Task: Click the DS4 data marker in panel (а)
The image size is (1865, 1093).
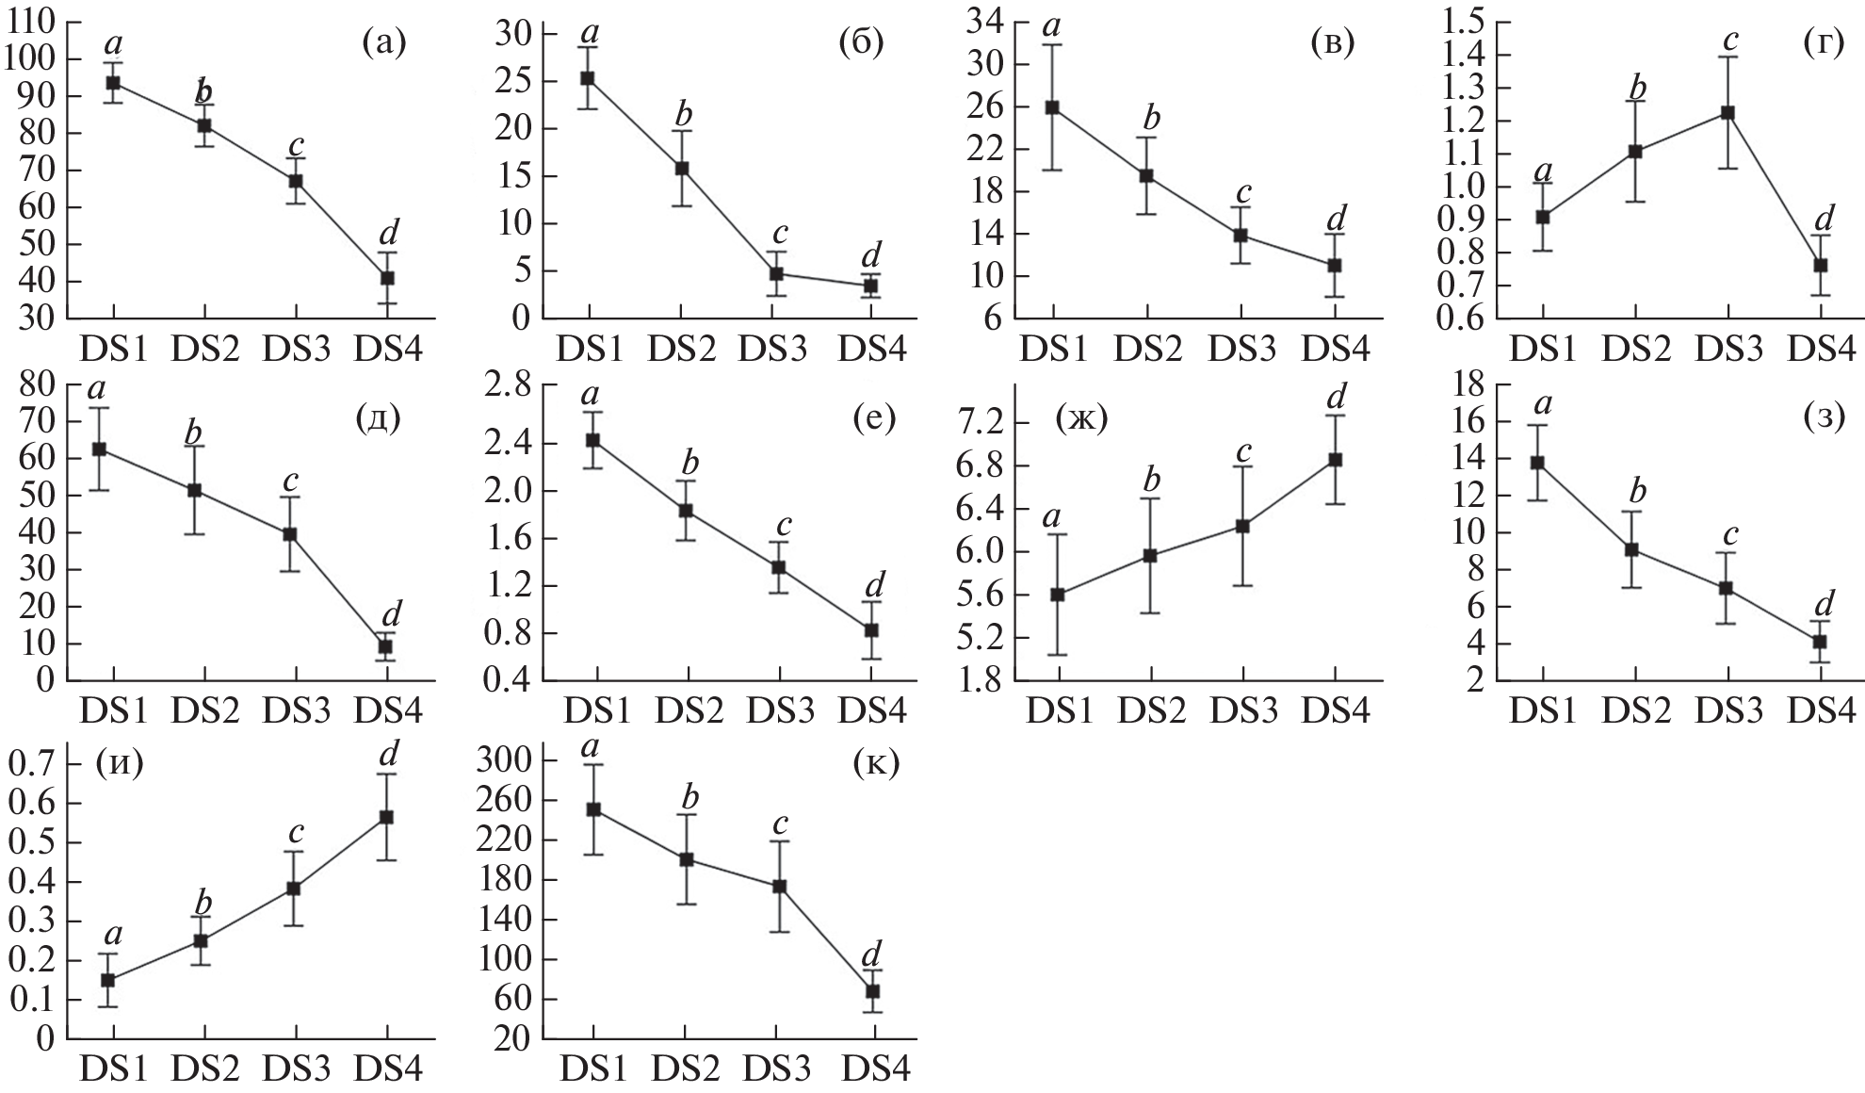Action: tap(387, 278)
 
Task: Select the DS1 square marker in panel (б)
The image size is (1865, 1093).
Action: tap(587, 78)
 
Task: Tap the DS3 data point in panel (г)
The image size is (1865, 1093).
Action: tap(1727, 113)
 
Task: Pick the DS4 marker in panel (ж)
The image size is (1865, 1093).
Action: tap(1335, 460)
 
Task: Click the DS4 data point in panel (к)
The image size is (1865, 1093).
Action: tap(873, 991)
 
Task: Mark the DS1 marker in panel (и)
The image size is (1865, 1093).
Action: tap(108, 980)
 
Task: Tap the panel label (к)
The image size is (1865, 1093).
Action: tap(876, 762)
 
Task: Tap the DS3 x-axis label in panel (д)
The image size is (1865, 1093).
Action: tap(296, 710)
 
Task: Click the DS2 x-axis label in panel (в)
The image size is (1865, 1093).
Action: tap(1148, 350)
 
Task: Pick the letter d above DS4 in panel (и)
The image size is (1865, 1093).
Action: tap(388, 753)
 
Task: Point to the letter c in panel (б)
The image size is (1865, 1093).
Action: tap(779, 232)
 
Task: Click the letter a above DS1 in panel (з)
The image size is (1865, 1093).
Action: tap(1543, 404)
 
